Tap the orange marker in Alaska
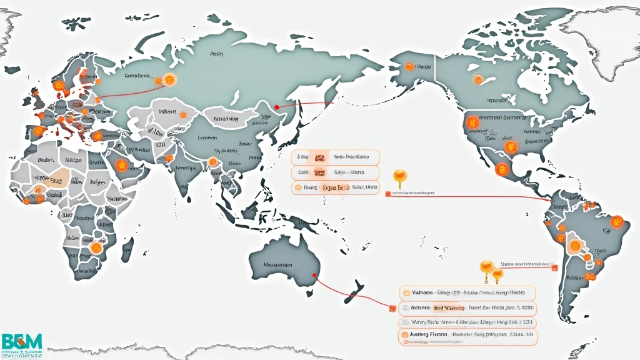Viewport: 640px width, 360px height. coord(409,66)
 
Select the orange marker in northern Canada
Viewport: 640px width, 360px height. coord(478,79)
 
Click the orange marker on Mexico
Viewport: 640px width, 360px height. coord(501,168)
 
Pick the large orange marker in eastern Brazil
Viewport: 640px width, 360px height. coord(617,221)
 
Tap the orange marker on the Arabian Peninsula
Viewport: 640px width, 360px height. coord(121,166)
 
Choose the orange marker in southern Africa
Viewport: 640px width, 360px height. coord(96,247)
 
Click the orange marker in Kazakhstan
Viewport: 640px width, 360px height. coord(183,114)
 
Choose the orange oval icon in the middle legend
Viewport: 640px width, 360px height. coord(298,187)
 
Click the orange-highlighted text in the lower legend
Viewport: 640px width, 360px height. coord(448,307)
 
